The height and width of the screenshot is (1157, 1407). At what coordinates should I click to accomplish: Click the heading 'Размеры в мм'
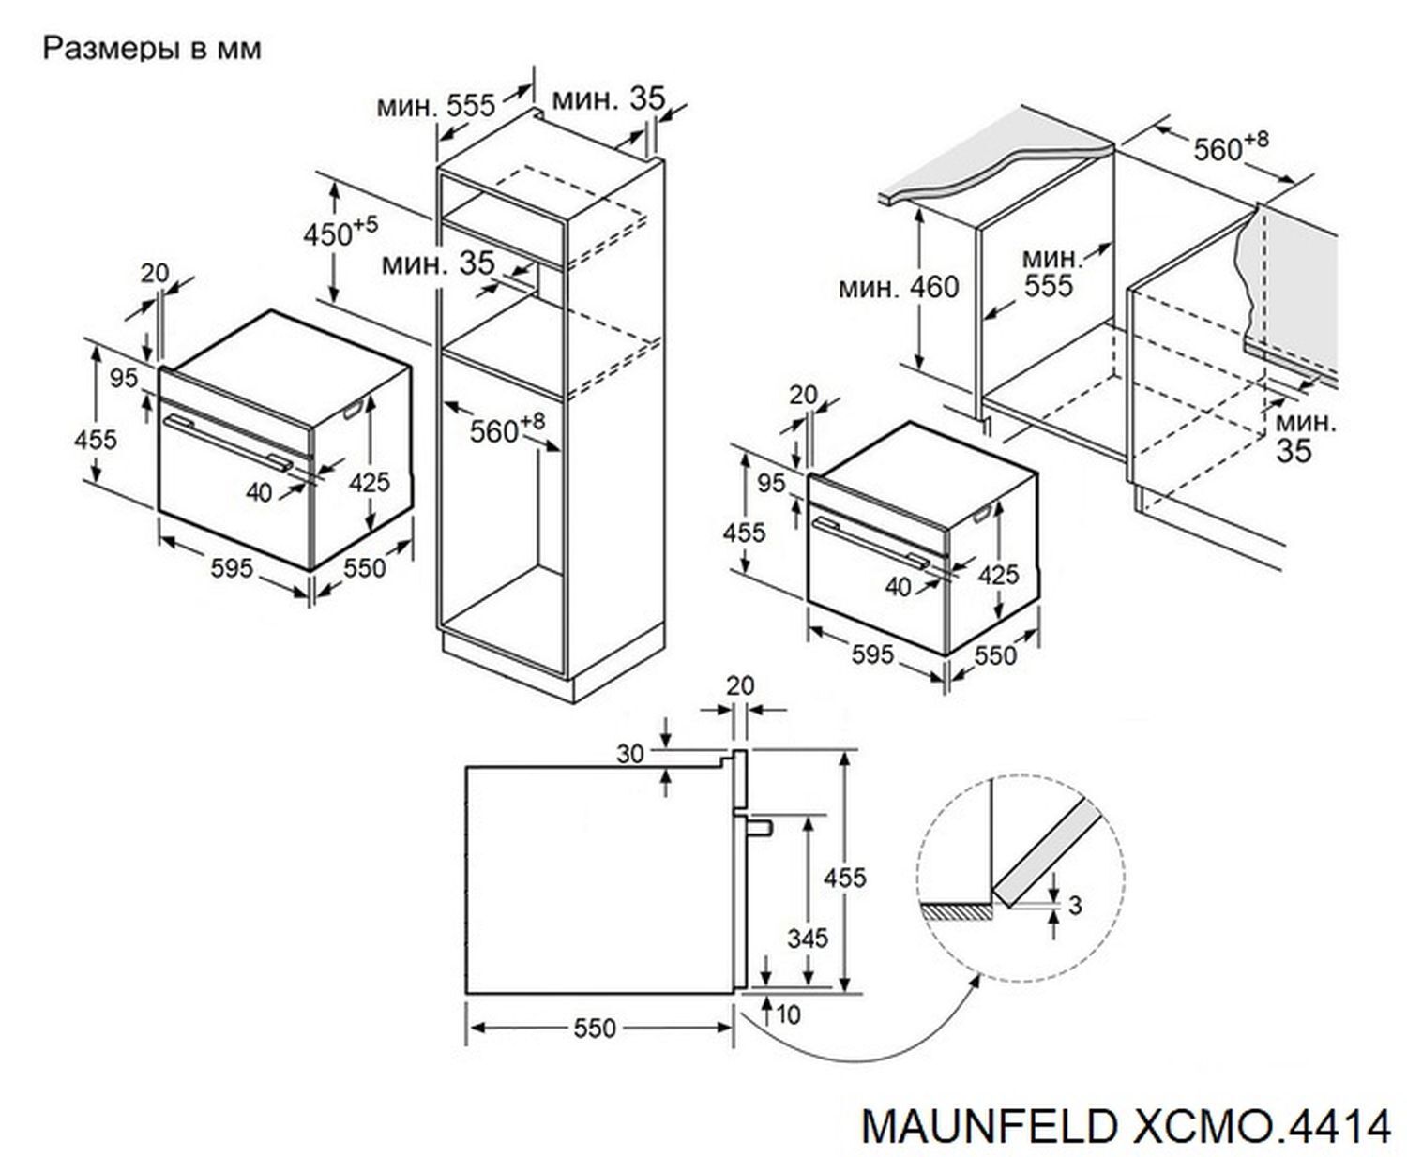(152, 49)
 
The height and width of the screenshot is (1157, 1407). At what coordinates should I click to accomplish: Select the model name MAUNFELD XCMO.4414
(1126, 1125)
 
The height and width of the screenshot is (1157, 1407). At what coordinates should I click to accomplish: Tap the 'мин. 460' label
(899, 287)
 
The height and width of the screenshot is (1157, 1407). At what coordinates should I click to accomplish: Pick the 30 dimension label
(630, 753)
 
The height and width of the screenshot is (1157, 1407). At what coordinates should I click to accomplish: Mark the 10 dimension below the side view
(790, 1014)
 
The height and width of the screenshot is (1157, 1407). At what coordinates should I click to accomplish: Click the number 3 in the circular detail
(1075, 904)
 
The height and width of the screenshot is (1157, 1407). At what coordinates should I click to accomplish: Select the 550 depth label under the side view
(595, 1029)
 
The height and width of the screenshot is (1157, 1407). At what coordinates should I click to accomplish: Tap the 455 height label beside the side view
(845, 878)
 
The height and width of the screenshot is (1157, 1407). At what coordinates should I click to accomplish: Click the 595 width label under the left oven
(232, 568)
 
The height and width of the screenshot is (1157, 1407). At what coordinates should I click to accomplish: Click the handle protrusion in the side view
(759, 825)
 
